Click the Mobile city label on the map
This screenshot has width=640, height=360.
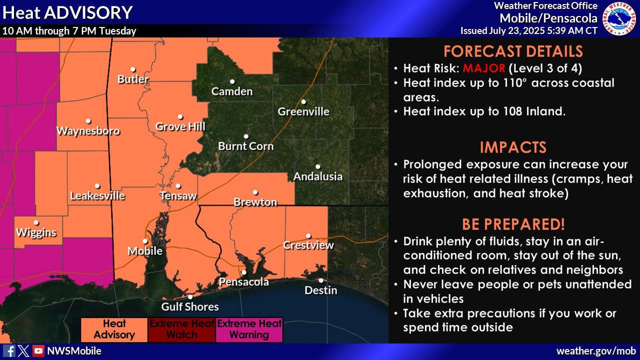(x=145, y=251)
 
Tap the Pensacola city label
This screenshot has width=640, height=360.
(x=244, y=282)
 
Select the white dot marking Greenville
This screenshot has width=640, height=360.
(x=303, y=101)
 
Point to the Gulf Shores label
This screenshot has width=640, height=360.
(x=190, y=306)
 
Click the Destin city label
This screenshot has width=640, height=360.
(x=321, y=290)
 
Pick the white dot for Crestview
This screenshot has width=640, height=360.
(x=308, y=236)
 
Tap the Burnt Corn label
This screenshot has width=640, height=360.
(x=246, y=146)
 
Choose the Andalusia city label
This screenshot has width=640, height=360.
(x=318, y=176)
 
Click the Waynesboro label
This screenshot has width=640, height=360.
(x=88, y=131)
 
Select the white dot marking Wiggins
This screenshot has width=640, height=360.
(x=36, y=223)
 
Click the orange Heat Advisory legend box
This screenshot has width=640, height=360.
(x=114, y=329)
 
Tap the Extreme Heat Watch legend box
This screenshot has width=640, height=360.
(x=182, y=329)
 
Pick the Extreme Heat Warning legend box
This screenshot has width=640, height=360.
(x=249, y=329)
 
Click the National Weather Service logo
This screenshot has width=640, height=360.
(x=619, y=18)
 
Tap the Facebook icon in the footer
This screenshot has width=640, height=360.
(x=9, y=351)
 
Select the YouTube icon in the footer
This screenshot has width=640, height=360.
(x=38, y=351)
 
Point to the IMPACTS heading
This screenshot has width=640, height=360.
(x=513, y=147)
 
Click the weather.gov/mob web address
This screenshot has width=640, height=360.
(x=596, y=351)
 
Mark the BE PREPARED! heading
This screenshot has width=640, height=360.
(x=513, y=223)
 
